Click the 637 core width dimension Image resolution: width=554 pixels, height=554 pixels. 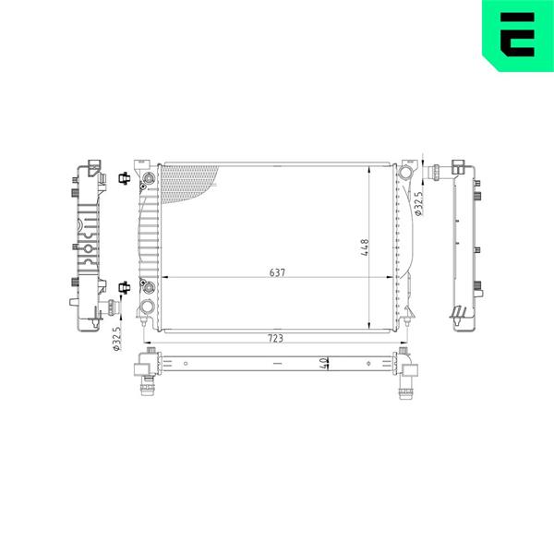(x=277, y=272)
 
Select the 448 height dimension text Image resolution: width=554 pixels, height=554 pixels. (x=365, y=247)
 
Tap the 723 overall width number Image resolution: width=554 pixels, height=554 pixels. (x=275, y=338)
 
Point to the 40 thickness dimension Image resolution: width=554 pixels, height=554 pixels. (x=323, y=364)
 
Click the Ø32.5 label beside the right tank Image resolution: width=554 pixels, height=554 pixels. (x=418, y=204)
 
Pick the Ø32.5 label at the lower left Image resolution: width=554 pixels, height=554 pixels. (x=117, y=338)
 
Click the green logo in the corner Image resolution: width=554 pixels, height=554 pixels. (x=518, y=36)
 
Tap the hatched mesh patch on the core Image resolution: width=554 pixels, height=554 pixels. (x=188, y=185)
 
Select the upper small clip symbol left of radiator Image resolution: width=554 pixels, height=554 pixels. (x=124, y=178)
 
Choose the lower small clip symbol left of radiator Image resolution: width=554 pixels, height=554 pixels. (x=124, y=287)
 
